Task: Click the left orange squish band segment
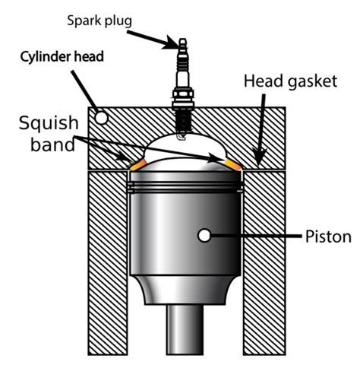[x=138, y=163]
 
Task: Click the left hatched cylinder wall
[x=106, y=259]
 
